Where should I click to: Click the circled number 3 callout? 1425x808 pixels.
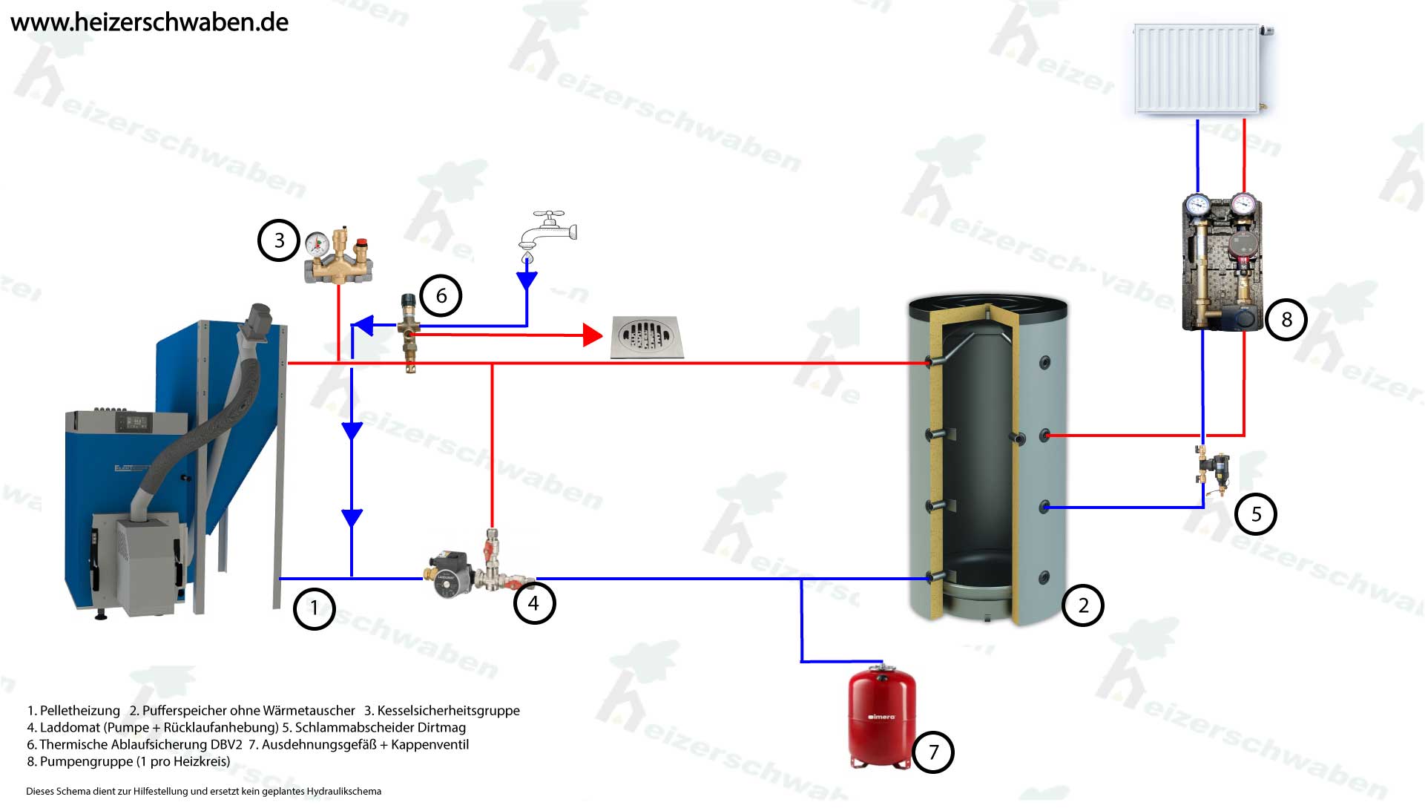[x=279, y=240]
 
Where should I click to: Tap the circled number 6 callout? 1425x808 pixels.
[x=441, y=295]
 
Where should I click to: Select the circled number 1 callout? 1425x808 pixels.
[x=315, y=608]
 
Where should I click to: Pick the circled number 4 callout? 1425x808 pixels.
[x=534, y=603]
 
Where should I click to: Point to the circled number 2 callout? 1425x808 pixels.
[x=1083, y=605]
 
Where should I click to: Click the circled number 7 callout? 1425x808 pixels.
[x=933, y=752]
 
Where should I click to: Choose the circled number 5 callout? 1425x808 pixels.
[x=1256, y=514]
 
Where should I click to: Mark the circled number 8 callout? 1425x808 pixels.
[x=1286, y=320]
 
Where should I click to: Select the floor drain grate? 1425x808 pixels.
[x=646, y=338]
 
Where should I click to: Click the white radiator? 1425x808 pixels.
[x=1198, y=69]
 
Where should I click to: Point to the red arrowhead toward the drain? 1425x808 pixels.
[x=592, y=335]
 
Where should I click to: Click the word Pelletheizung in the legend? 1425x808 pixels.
[x=79, y=711]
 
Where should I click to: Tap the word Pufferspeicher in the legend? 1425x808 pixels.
[x=187, y=711]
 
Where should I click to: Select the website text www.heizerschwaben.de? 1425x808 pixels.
[x=149, y=22]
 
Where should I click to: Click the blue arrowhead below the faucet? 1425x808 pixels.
[x=527, y=280]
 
